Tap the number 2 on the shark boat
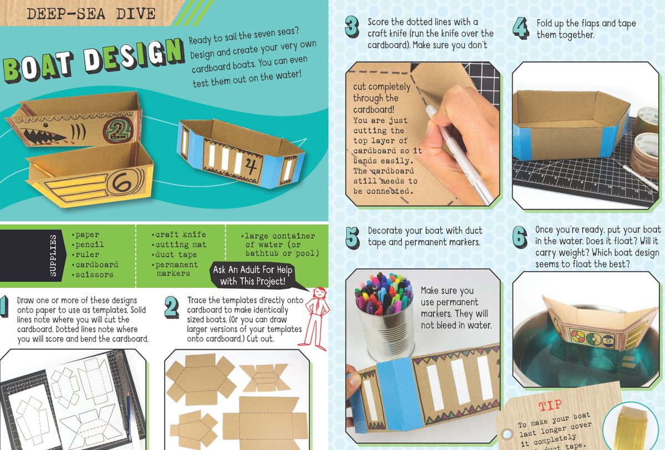(118, 130)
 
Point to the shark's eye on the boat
(45, 125)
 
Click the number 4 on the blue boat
(250, 166)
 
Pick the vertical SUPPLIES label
(53, 255)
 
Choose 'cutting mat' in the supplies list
(178, 244)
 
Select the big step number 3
(352, 27)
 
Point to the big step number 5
(352, 237)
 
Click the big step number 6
(520, 237)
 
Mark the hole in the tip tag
(507, 434)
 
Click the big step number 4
(521, 28)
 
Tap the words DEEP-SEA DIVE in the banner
(91, 14)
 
